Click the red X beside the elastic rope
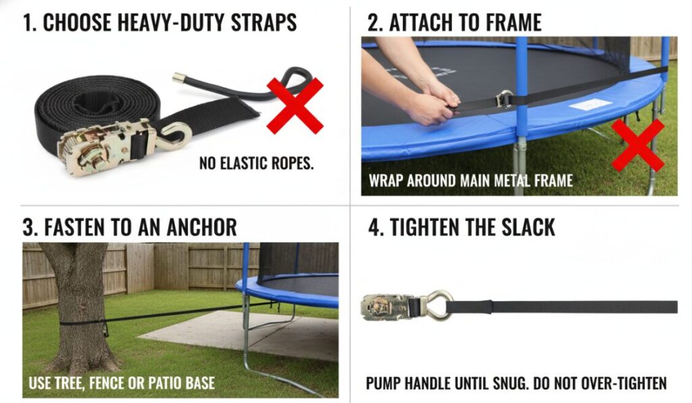(x=295, y=105)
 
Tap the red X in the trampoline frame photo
(x=638, y=145)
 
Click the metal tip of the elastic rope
(x=178, y=78)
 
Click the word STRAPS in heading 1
(x=264, y=22)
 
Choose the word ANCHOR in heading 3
(x=201, y=227)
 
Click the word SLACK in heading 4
(x=528, y=227)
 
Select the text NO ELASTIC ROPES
(x=256, y=163)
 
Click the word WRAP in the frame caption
(x=386, y=181)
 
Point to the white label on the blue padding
(x=590, y=105)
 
